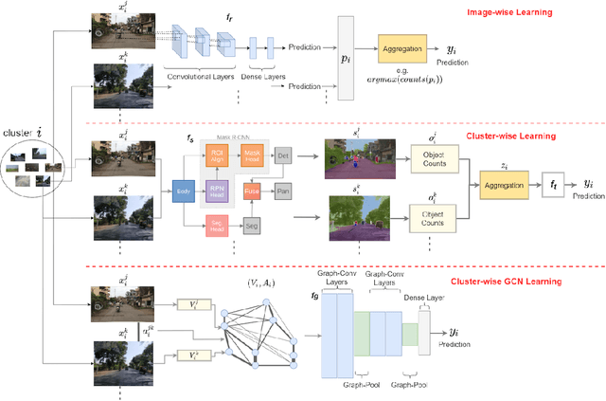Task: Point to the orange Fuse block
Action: [x=251, y=190]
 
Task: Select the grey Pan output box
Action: [x=281, y=191]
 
